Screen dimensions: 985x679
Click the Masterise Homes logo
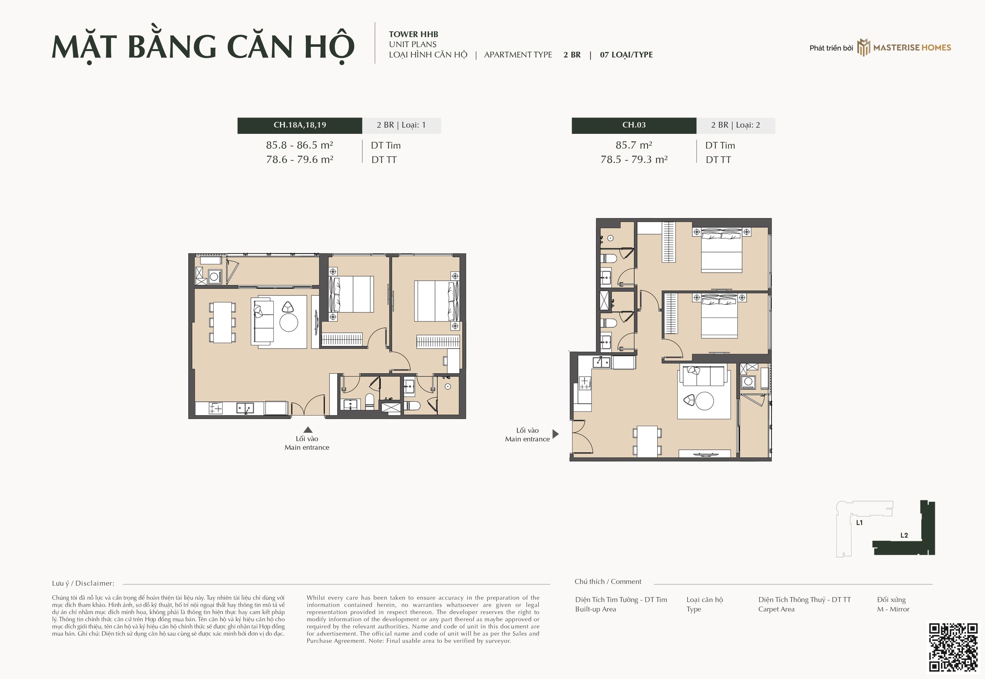[904, 47]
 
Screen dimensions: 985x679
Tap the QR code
[953, 647]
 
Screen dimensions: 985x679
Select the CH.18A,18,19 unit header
[299, 125]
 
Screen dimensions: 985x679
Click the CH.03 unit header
[634, 125]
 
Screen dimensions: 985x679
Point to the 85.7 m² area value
[634, 145]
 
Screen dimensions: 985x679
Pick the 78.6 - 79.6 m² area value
[299, 160]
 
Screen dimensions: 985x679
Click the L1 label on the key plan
[859, 522]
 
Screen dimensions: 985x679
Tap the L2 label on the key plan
[904, 535]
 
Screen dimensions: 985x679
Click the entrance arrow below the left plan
[308, 430]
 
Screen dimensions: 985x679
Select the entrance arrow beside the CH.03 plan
[555, 434]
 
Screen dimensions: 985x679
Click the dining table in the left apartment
[222, 322]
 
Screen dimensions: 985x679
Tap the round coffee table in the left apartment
[288, 323]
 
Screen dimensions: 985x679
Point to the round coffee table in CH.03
[704, 401]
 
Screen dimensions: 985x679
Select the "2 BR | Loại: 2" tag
[735, 125]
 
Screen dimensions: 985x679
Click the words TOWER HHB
[413, 34]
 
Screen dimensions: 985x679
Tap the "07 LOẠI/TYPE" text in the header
[626, 55]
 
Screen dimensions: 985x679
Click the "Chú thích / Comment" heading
[608, 582]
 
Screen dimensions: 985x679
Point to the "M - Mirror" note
[893, 609]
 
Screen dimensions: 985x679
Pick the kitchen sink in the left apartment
[245, 408]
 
